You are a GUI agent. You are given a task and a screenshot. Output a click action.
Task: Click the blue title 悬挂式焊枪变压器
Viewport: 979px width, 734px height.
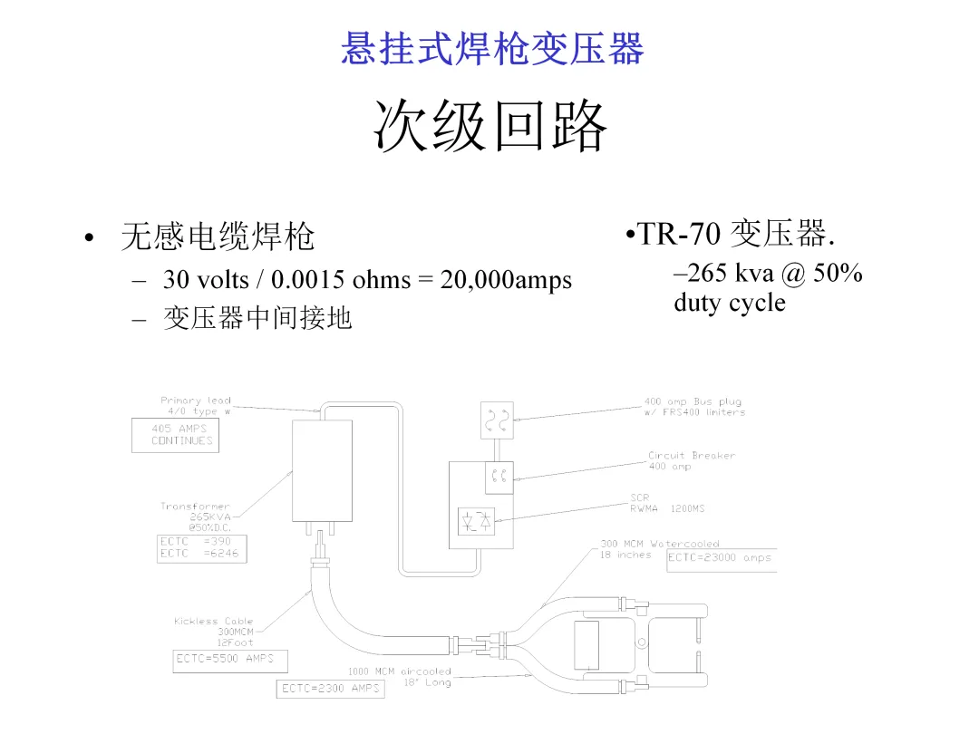click(492, 49)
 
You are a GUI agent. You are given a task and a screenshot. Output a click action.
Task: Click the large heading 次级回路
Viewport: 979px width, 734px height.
click(490, 126)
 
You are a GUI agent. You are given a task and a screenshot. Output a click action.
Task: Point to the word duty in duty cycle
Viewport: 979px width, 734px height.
click(700, 302)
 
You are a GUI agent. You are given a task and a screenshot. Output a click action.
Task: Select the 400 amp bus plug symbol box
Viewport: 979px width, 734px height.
click(496, 419)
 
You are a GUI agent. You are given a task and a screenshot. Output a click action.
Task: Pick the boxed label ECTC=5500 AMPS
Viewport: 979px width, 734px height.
click(229, 660)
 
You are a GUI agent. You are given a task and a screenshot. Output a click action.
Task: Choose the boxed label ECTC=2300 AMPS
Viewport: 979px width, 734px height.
click(330, 689)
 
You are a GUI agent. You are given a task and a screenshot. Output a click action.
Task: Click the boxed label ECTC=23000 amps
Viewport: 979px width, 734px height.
click(721, 558)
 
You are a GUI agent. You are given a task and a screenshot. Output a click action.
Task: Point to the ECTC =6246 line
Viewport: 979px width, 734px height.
click(201, 554)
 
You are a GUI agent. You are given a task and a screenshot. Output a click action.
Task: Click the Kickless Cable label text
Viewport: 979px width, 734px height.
click(214, 622)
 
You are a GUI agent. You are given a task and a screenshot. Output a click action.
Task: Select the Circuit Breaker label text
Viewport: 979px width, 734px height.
click(691, 456)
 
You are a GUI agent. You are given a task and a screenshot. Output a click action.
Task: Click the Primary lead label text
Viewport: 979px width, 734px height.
click(196, 401)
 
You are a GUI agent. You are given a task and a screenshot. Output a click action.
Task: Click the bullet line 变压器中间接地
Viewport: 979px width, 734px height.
click(257, 318)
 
